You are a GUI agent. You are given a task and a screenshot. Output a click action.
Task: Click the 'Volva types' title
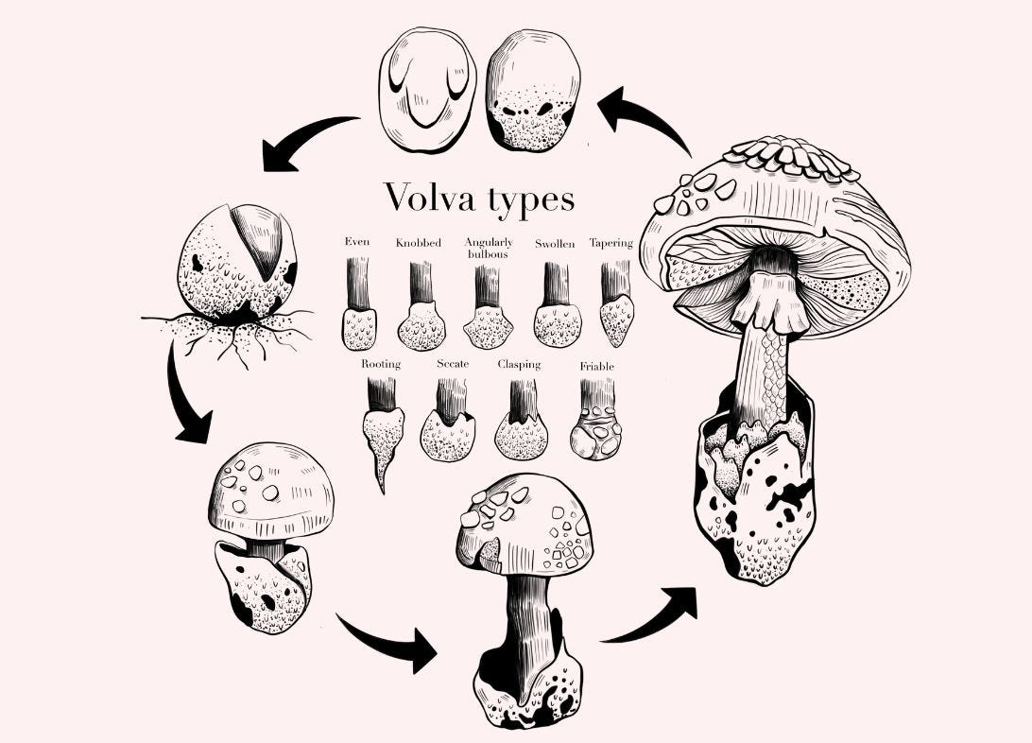pyautogui.click(x=479, y=199)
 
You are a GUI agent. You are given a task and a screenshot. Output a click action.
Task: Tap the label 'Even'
pyautogui.click(x=357, y=242)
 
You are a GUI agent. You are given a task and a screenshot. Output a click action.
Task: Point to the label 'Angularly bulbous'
pyautogui.click(x=489, y=249)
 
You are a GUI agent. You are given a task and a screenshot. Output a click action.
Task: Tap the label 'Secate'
pyautogui.click(x=453, y=364)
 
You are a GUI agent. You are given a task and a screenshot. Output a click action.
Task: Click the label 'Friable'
pyautogui.click(x=596, y=366)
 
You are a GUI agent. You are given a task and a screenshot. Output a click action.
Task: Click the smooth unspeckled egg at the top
pyautogui.click(x=427, y=89)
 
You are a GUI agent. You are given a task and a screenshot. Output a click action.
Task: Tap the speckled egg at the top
pyautogui.click(x=532, y=89)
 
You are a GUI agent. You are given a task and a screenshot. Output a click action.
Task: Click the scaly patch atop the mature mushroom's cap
pyautogui.click(x=792, y=157)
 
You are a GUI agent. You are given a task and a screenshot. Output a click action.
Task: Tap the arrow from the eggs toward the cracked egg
pyautogui.click(x=302, y=142)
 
